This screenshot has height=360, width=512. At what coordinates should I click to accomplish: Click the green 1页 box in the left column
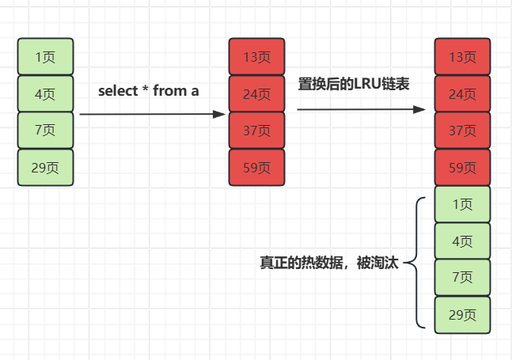coord(45,57)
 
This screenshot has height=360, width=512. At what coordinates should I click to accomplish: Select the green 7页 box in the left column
coord(45,131)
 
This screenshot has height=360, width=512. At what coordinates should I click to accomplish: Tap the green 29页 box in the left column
coord(45,168)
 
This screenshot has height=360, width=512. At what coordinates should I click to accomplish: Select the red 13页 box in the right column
coord(462,57)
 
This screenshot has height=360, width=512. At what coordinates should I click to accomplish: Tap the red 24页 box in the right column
coord(462,94)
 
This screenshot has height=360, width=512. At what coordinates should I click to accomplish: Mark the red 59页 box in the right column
coord(462,168)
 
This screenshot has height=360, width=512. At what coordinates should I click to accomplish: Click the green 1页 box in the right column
coord(462,204)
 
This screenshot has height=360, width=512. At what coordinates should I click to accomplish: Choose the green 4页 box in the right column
coord(462,241)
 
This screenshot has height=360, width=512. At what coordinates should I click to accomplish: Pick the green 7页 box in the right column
coord(462,278)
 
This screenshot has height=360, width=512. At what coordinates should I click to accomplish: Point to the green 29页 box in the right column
coord(462,315)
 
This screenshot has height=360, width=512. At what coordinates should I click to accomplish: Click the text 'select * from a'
coord(149,91)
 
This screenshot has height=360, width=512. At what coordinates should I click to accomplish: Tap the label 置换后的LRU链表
coord(354,84)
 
